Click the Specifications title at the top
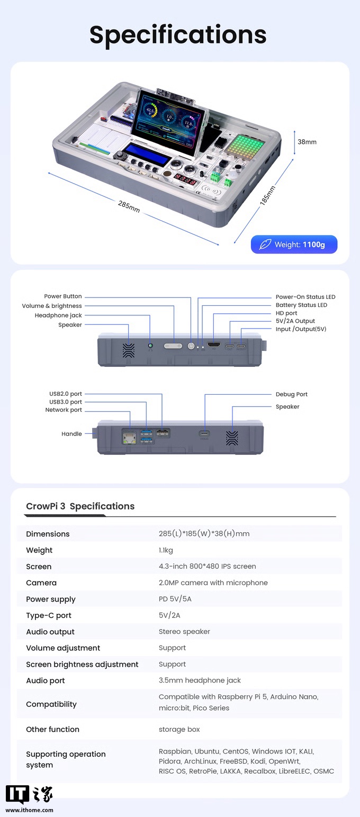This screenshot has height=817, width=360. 178,34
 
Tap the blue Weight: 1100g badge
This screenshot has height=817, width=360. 294,244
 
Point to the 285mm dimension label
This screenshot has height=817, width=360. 129,207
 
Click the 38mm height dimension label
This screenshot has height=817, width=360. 307,142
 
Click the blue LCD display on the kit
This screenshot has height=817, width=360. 147,155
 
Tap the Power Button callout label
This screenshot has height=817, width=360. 63,296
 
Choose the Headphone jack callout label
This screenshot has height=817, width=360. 58,315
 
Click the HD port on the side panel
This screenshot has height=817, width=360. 214,346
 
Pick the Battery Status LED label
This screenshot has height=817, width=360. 301,305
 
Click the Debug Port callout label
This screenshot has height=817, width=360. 291,394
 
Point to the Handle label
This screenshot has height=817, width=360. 71,434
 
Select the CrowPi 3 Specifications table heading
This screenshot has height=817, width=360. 80,506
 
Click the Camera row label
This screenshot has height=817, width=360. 41,583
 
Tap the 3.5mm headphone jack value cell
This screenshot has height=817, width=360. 200,680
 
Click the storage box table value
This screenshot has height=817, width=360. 179,729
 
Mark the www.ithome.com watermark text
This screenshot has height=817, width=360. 30,810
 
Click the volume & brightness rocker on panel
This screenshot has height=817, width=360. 173,346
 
